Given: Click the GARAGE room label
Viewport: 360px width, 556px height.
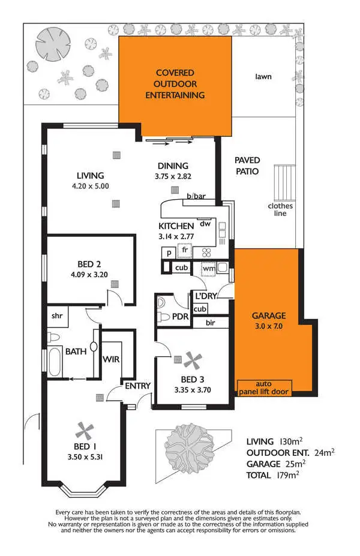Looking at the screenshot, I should pyautogui.click(x=268, y=315).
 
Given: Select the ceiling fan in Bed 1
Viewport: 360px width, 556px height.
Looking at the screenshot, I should pyautogui.click(x=85, y=429).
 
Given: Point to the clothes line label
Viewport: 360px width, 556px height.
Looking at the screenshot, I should pyautogui.click(x=280, y=209).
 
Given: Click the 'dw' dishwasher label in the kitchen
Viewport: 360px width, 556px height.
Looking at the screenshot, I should pyautogui.click(x=205, y=223).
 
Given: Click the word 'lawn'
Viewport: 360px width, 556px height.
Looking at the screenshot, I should pyautogui.click(x=263, y=77).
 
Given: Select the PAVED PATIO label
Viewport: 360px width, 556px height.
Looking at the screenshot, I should pyautogui.click(x=247, y=166).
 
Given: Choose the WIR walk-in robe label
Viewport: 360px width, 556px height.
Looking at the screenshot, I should pyautogui.click(x=111, y=359).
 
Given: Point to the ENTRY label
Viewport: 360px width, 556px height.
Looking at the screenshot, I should pyautogui.click(x=137, y=386).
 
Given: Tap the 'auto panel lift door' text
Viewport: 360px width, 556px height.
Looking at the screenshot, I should pyautogui.click(x=264, y=387).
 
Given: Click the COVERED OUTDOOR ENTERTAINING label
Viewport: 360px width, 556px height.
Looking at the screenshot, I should pyautogui.click(x=175, y=84).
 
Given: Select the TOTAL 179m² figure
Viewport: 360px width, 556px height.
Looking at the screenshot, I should pyautogui.click(x=272, y=475).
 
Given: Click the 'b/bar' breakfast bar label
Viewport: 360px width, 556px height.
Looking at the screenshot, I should pyautogui.click(x=196, y=196).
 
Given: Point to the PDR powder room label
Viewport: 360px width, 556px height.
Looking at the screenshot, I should pyautogui.click(x=181, y=315).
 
